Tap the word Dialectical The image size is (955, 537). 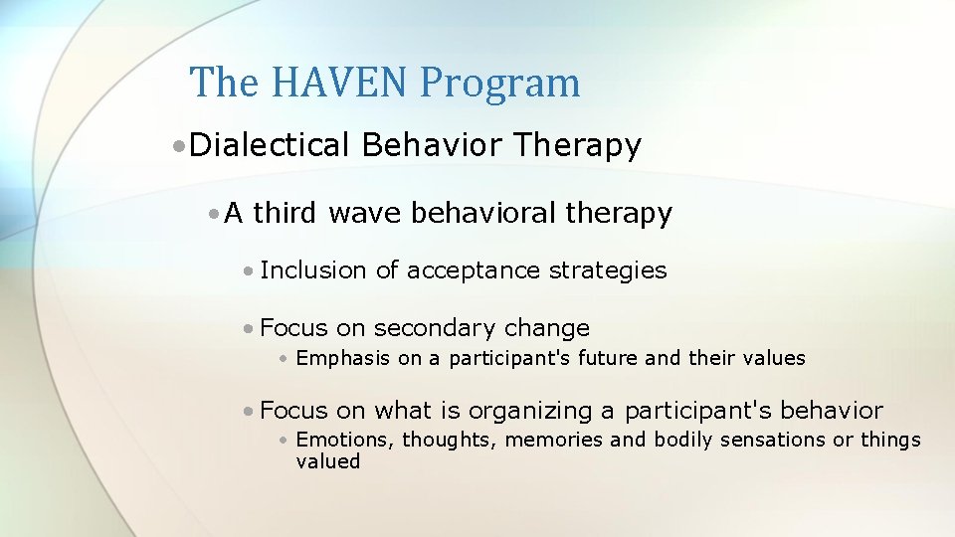(x=270, y=146)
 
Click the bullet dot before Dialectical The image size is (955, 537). (x=176, y=147)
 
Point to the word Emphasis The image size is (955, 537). (x=343, y=358)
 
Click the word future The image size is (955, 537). (x=601, y=358)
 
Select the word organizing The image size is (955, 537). (x=531, y=411)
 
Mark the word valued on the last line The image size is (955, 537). (x=327, y=461)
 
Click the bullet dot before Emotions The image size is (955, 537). (x=285, y=441)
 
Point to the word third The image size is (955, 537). (x=287, y=213)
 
